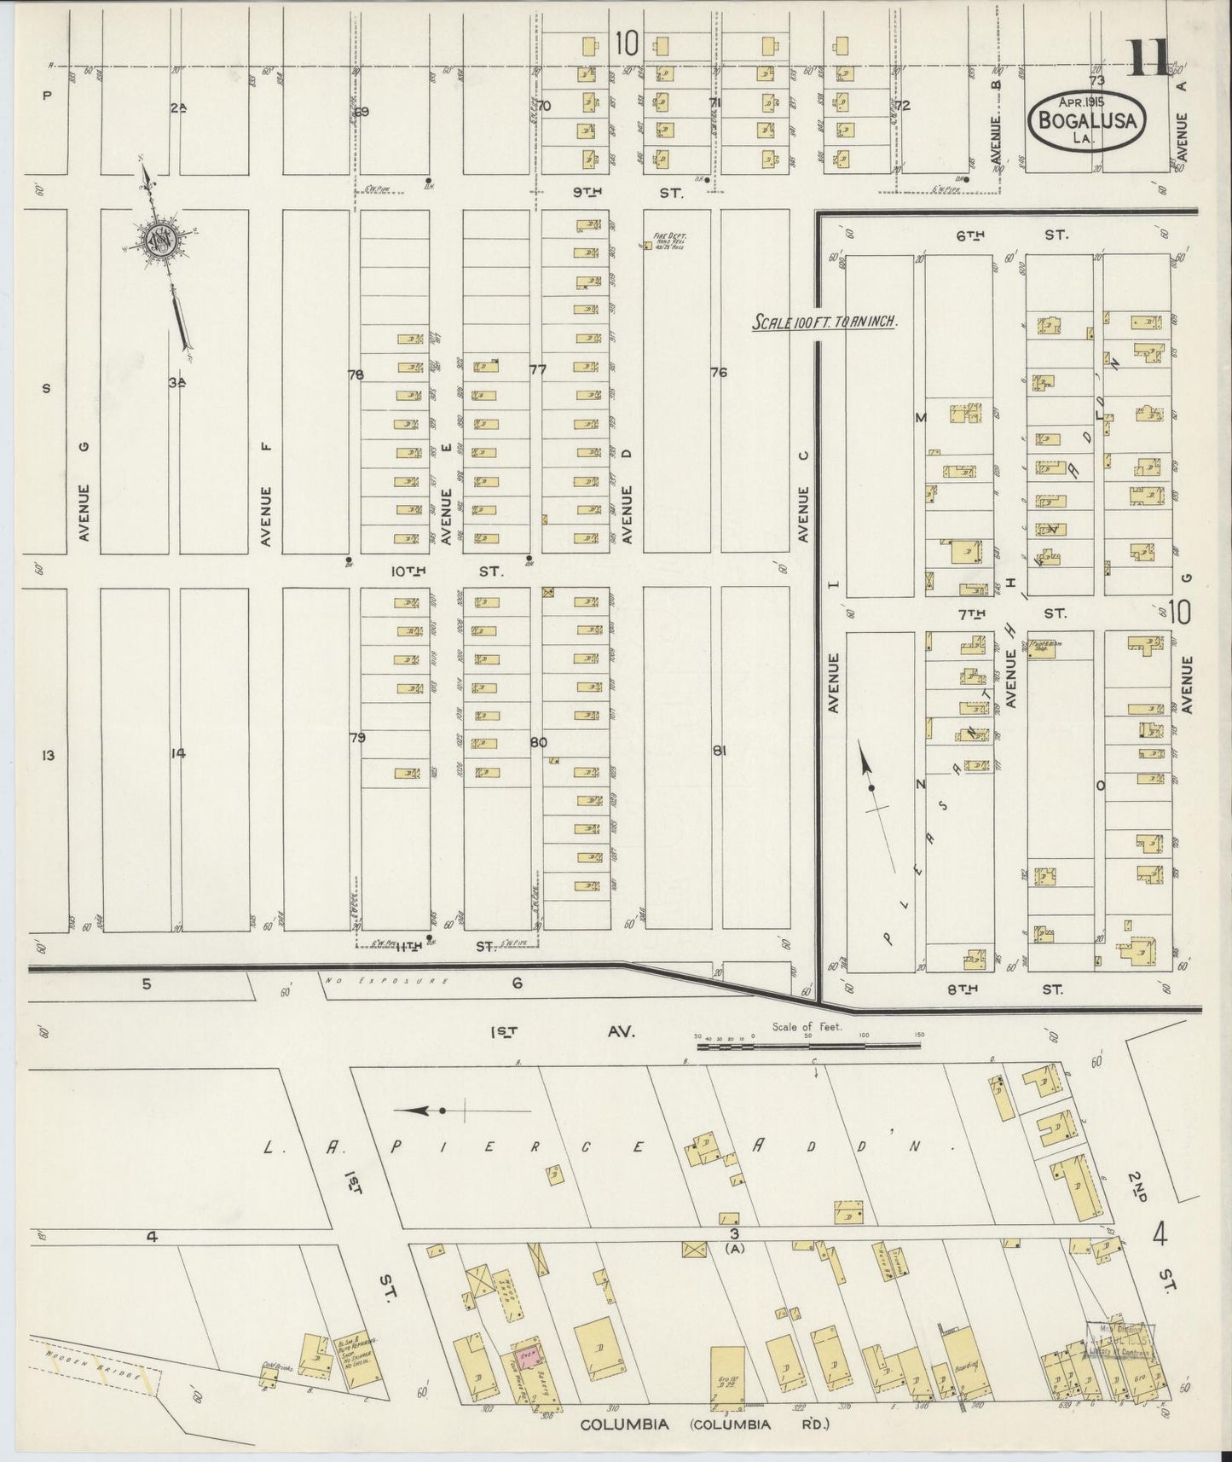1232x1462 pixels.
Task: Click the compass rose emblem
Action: (159, 241)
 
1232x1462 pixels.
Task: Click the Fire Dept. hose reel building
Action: (648, 246)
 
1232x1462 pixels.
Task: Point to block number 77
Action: (538, 370)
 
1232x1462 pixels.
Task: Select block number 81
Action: (719, 751)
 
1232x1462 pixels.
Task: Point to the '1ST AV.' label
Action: (562, 1031)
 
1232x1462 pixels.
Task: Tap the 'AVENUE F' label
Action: (266, 516)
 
